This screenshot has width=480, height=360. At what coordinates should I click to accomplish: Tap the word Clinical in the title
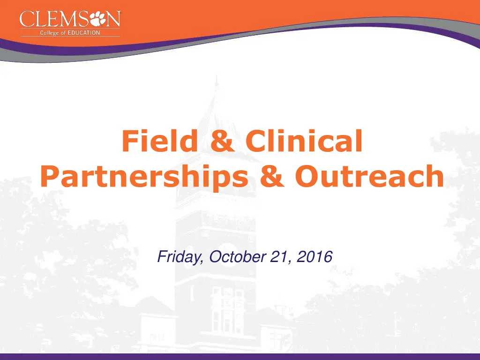point(304,142)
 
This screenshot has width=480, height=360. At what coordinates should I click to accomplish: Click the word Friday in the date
point(180,257)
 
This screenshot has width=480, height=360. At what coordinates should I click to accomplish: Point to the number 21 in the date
point(277,257)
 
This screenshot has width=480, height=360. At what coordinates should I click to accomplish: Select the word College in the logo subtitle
point(49,32)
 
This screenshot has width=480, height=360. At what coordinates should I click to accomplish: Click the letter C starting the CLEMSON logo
point(26,20)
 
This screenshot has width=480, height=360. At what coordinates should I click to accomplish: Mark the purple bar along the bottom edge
point(240,357)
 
